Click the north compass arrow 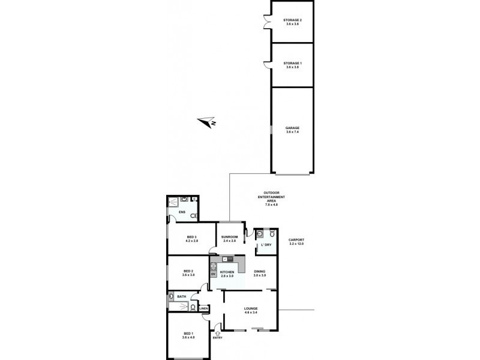(210, 123)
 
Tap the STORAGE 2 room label (292, 22)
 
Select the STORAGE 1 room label (292, 65)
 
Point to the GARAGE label (292, 129)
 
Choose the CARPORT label (296, 241)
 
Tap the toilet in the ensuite (193, 215)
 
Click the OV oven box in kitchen (213, 274)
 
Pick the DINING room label (259, 273)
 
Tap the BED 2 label (188, 273)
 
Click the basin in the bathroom (172, 296)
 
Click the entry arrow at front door (217, 332)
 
